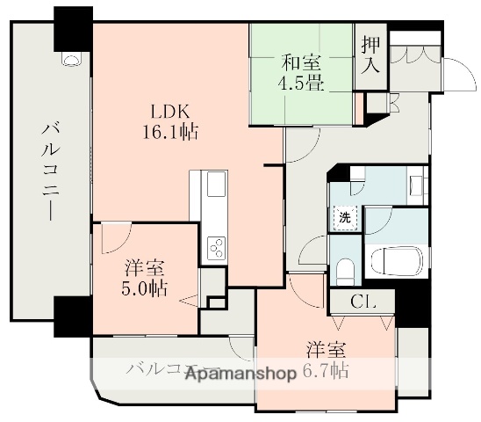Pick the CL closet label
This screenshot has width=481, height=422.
coord(362,302)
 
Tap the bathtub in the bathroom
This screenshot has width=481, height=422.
coord(395,261)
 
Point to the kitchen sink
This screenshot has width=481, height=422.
coord(215,186)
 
